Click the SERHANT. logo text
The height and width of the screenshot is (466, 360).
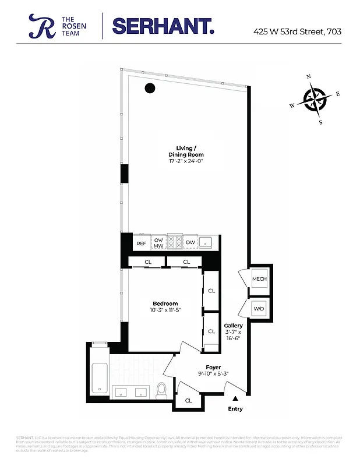click(163, 26)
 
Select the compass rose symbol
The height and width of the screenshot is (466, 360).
click(315, 99)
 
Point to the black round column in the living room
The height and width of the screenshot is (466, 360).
click(150, 89)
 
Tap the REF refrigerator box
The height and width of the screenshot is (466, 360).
click(141, 243)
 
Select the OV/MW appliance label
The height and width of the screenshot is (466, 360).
click(159, 243)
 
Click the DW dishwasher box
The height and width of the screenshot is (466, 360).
click(190, 243)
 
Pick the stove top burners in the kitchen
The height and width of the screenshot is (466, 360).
click(175, 242)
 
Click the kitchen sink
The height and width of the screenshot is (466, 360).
click(206, 242)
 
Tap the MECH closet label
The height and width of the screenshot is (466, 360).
click(259, 279)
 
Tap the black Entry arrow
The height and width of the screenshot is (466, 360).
click(235, 398)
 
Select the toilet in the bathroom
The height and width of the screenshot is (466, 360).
click(161, 390)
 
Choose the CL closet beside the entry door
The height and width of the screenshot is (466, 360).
click(188, 400)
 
